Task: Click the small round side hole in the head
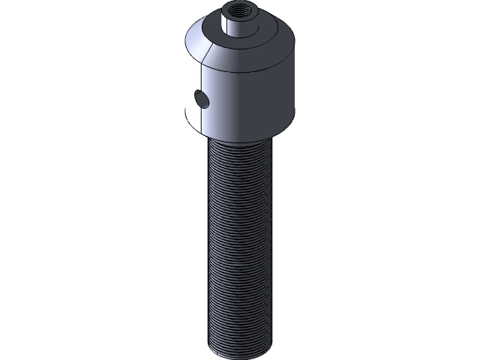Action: (201, 98)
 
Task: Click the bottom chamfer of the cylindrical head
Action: (240, 135)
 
